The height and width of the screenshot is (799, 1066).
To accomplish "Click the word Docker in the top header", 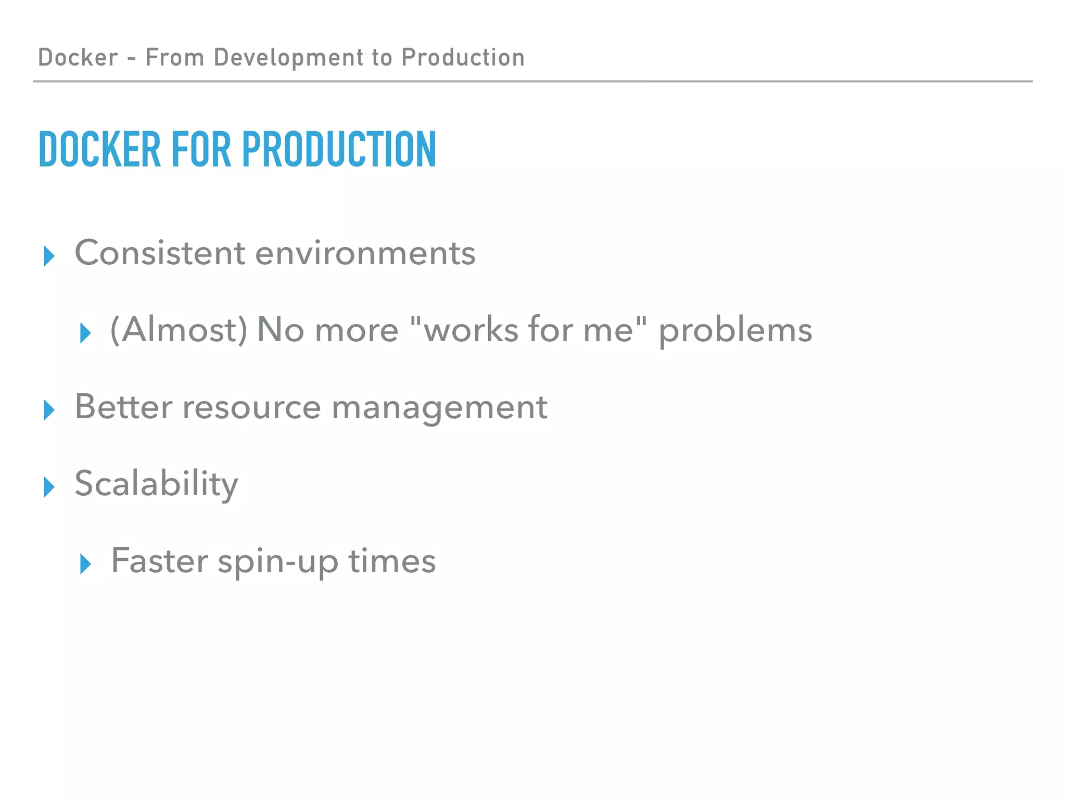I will pyautogui.click(x=78, y=57).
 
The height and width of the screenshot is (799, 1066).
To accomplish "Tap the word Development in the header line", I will pyautogui.click(x=288, y=57).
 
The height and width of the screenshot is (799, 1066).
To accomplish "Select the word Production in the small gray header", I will pyautogui.click(x=463, y=57).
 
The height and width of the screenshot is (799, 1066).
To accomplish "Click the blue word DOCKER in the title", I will pyautogui.click(x=99, y=149).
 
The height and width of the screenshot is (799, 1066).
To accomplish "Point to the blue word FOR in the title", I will pyautogui.click(x=201, y=149).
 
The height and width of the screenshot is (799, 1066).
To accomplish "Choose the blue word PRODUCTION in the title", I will pyautogui.click(x=339, y=149).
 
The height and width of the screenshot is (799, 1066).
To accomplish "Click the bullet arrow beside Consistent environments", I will pyautogui.click(x=49, y=256).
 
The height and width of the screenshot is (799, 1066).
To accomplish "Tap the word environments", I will pyautogui.click(x=365, y=253).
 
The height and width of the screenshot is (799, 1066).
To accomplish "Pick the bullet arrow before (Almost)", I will pyautogui.click(x=85, y=333).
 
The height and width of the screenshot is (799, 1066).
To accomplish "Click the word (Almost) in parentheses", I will pyautogui.click(x=179, y=330).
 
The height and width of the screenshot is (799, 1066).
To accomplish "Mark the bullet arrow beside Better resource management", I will pyautogui.click(x=49, y=410).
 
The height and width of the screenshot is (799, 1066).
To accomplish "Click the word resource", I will pyautogui.click(x=251, y=407).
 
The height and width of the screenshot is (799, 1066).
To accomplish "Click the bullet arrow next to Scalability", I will pyautogui.click(x=49, y=487).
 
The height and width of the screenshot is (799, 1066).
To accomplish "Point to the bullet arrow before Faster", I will pyautogui.click(x=85, y=564).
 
